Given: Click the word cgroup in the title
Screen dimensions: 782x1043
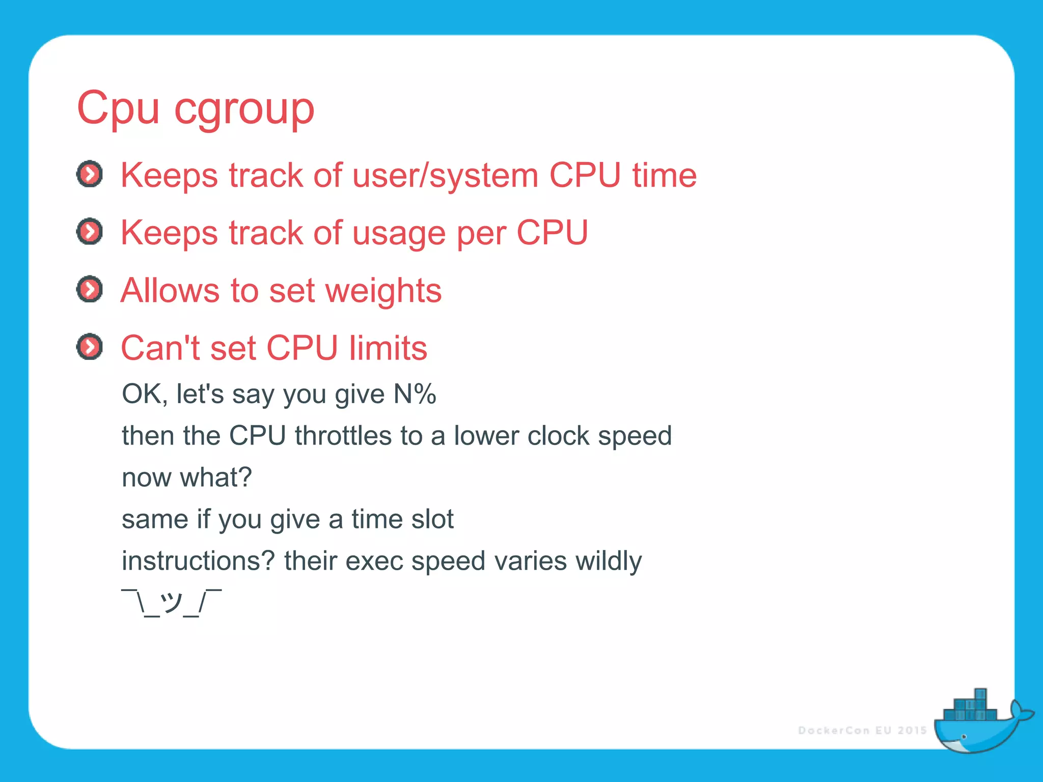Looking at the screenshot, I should pos(244,109).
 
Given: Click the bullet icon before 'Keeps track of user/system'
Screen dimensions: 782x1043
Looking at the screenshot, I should pos(90,175).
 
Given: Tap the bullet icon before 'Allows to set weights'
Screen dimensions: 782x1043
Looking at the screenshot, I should pos(90,290).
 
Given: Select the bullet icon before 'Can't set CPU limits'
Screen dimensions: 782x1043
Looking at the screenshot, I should pos(90,347).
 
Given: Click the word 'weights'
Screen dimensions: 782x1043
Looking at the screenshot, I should pos(383,291).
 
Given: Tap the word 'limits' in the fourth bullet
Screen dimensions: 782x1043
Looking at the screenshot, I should pos(388,349).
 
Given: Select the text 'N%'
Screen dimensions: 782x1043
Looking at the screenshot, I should pos(415,394).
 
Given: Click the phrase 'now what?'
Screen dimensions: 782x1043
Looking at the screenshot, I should pos(187,478).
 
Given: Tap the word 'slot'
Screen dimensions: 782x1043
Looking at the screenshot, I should pos(432,519).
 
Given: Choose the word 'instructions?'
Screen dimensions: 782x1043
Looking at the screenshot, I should pos(198,561).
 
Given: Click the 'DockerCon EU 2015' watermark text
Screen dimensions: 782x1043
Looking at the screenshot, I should pos(862,731).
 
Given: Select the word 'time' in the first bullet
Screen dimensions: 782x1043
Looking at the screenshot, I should pos(664,176).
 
